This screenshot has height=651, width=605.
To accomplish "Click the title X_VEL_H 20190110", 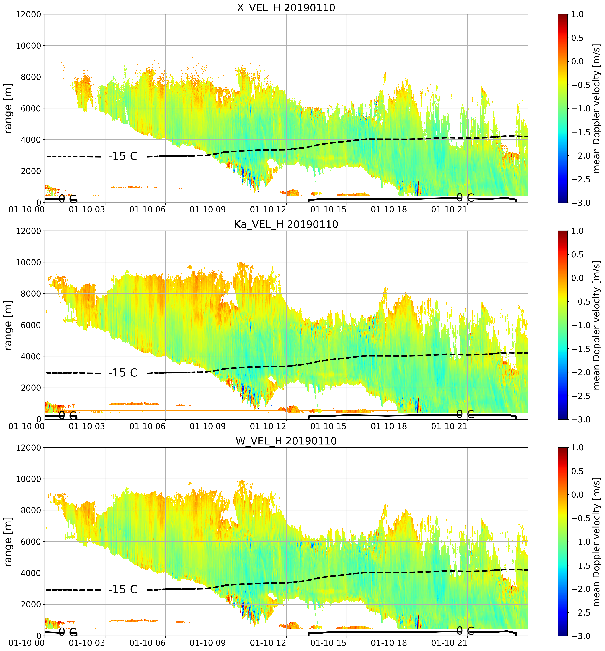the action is tap(286, 7).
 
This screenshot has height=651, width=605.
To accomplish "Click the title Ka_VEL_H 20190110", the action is tap(286, 224).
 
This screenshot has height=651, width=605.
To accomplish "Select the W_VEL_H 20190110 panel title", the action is tap(286, 441).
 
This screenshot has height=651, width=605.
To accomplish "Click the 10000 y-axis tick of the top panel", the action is tap(28, 46).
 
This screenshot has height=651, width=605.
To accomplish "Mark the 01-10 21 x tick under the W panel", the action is tap(449, 643).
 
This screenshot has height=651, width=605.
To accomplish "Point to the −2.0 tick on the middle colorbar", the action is tap(581, 372).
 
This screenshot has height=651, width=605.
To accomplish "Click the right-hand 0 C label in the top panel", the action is tap(465, 197).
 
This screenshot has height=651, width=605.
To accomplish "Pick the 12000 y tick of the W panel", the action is tap(28, 448).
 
